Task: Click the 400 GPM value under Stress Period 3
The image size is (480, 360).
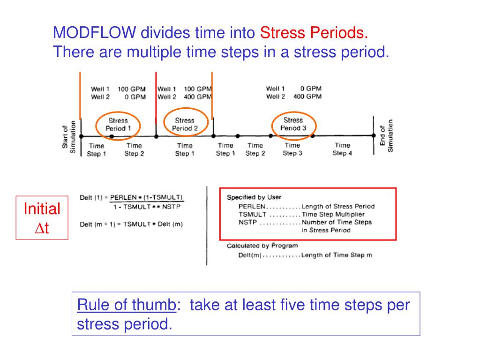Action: point(307,97)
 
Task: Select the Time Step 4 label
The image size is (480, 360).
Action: point(342,150)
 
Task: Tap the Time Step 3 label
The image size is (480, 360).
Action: point(292,150)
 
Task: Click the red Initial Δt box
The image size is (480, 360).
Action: point(42,217)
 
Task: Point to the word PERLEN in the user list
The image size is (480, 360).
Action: point(252,206)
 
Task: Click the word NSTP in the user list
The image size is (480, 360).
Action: point(247,222)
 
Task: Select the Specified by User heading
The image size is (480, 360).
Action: point(254,197)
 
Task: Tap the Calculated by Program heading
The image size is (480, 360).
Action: point(262,246)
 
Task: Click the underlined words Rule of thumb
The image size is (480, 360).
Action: point(126,305)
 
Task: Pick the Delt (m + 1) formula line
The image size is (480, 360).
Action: point(131,224)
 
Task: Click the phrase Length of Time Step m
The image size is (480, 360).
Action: point(336,255)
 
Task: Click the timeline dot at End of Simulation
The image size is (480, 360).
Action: point(374,136)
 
